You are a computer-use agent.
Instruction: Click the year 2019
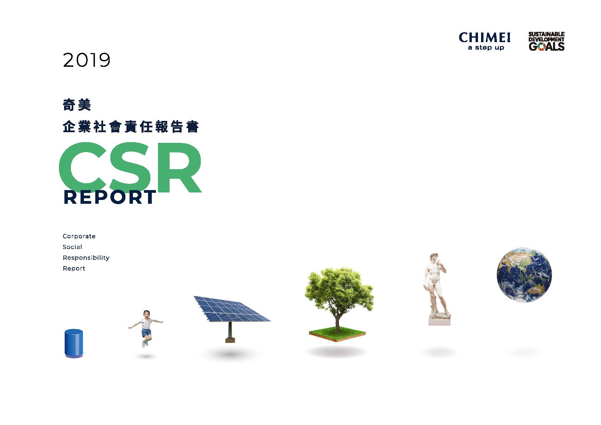tap(87, 60)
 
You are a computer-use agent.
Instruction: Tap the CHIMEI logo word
tap(485, 38)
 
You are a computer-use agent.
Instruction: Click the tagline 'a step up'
tap(486, 48)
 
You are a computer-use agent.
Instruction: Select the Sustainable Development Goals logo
tap(546, 41)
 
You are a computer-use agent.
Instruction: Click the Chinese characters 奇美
tap(77, 105)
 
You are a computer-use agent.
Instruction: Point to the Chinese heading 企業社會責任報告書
tap(131, 126)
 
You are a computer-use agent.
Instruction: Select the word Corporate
tap(79, 236)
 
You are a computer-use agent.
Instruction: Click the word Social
tap(72, 247)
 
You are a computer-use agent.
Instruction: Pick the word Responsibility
tap(86, 258)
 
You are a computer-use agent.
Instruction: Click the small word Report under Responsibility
tap(74, 268)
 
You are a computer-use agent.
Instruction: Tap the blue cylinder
tap(74, 343)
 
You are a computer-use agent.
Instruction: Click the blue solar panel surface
tap(232, 309)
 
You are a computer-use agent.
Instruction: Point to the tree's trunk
tap(338, 322)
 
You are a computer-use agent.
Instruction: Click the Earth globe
tap(524, 275)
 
